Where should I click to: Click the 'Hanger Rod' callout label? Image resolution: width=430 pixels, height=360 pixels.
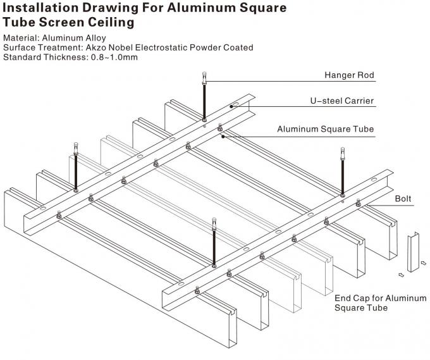click(x=349, y=75)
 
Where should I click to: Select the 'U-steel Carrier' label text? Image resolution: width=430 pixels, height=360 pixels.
click(x=341, y=101)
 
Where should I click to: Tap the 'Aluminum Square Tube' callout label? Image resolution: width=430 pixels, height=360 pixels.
click(x=325, y=129)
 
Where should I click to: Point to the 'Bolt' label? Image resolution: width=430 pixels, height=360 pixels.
click(x=403, y=199)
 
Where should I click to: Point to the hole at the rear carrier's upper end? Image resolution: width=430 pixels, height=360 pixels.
click(x=235, y=103)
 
